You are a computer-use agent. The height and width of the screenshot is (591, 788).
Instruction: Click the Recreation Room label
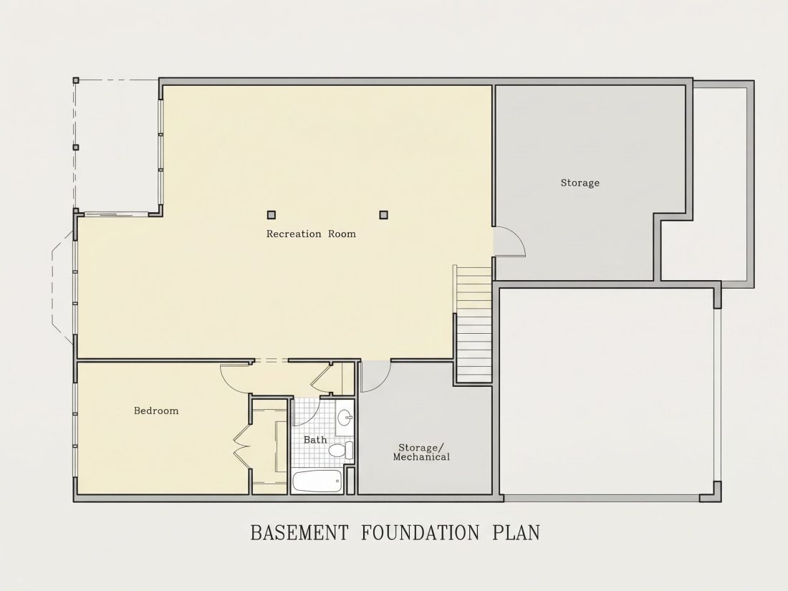point(311,234)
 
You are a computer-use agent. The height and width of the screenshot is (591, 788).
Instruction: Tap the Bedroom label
point(155,410)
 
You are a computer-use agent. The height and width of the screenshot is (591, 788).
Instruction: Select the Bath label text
point(315,440)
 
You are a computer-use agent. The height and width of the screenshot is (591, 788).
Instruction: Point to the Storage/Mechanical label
point(421,452)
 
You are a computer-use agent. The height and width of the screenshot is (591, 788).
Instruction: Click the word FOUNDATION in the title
point(420,533)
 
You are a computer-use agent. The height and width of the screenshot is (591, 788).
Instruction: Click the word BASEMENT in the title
point(299,533)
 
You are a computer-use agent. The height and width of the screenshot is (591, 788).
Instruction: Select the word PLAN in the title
point(516,533)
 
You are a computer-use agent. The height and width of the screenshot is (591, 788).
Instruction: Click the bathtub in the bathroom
point(317,482)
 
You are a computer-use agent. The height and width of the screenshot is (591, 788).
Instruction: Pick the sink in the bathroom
point(345,417)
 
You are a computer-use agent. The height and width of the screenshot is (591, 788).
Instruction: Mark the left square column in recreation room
point(272,215)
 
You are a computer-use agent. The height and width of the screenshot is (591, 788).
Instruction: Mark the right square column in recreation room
point(383,215)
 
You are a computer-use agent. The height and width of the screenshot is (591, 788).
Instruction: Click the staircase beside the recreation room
point(473,325)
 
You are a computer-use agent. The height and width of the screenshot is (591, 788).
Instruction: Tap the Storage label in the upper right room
point(580,183)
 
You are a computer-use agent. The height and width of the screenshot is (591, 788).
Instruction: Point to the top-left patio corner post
point(76,80)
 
